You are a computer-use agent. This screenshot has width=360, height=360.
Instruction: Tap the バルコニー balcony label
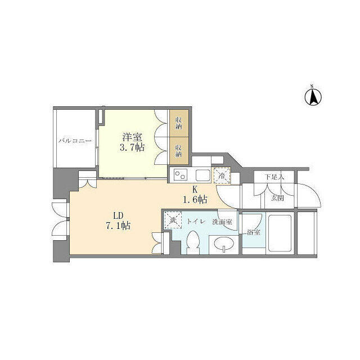(75, 141)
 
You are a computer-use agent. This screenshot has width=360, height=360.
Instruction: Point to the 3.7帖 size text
(132, 147)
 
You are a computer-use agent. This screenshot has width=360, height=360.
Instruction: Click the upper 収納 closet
(179, 123)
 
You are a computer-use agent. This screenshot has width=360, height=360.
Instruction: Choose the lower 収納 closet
(179, 151)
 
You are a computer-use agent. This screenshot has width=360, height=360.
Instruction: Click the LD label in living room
(118, 215)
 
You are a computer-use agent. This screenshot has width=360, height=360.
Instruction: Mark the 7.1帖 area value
(118, 226)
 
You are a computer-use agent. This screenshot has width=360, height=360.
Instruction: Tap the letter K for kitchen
(195, 190)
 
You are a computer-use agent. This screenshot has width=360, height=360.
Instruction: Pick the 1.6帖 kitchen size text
(195, 200)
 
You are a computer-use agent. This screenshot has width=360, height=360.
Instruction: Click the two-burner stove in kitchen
(180, 175)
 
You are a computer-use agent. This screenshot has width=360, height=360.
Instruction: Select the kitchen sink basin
(202, 175)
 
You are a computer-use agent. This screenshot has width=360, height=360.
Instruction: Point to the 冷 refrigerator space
(222, 175)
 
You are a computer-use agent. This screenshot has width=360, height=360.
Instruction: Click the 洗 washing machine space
(173, 220)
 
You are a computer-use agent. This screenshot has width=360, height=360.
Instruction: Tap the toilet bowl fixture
(192, 242)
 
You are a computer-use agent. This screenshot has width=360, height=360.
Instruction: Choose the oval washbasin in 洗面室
(224, 244)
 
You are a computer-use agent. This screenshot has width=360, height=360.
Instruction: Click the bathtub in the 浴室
(280, 233)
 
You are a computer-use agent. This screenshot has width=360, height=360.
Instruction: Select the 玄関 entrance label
(277, 198)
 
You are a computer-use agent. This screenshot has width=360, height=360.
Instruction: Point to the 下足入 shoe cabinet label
(274, 177)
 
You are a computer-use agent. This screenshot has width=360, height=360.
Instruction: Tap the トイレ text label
(196, 222)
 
